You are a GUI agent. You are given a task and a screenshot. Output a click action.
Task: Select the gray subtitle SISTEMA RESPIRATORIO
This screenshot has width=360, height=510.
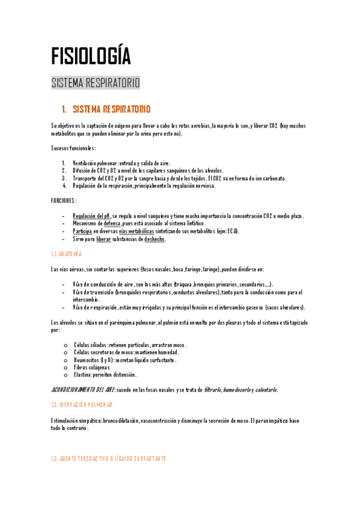click(x=96, y=82)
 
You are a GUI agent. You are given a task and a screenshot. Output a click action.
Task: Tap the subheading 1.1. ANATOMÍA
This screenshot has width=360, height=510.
click(x=67, y=254)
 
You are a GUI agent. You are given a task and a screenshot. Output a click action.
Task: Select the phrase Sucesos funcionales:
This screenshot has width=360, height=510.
click(x=73, y=148)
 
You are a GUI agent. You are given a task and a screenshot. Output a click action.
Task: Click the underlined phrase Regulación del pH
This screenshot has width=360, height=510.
click(x=91, y=216)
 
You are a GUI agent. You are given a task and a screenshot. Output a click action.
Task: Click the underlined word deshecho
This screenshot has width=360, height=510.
click(x=155, y=239)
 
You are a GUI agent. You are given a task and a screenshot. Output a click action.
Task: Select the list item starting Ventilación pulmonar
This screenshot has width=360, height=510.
click(x=121, y=163)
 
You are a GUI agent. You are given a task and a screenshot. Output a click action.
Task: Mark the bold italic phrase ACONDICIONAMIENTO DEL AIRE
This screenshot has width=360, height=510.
click(x=82, y=390)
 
